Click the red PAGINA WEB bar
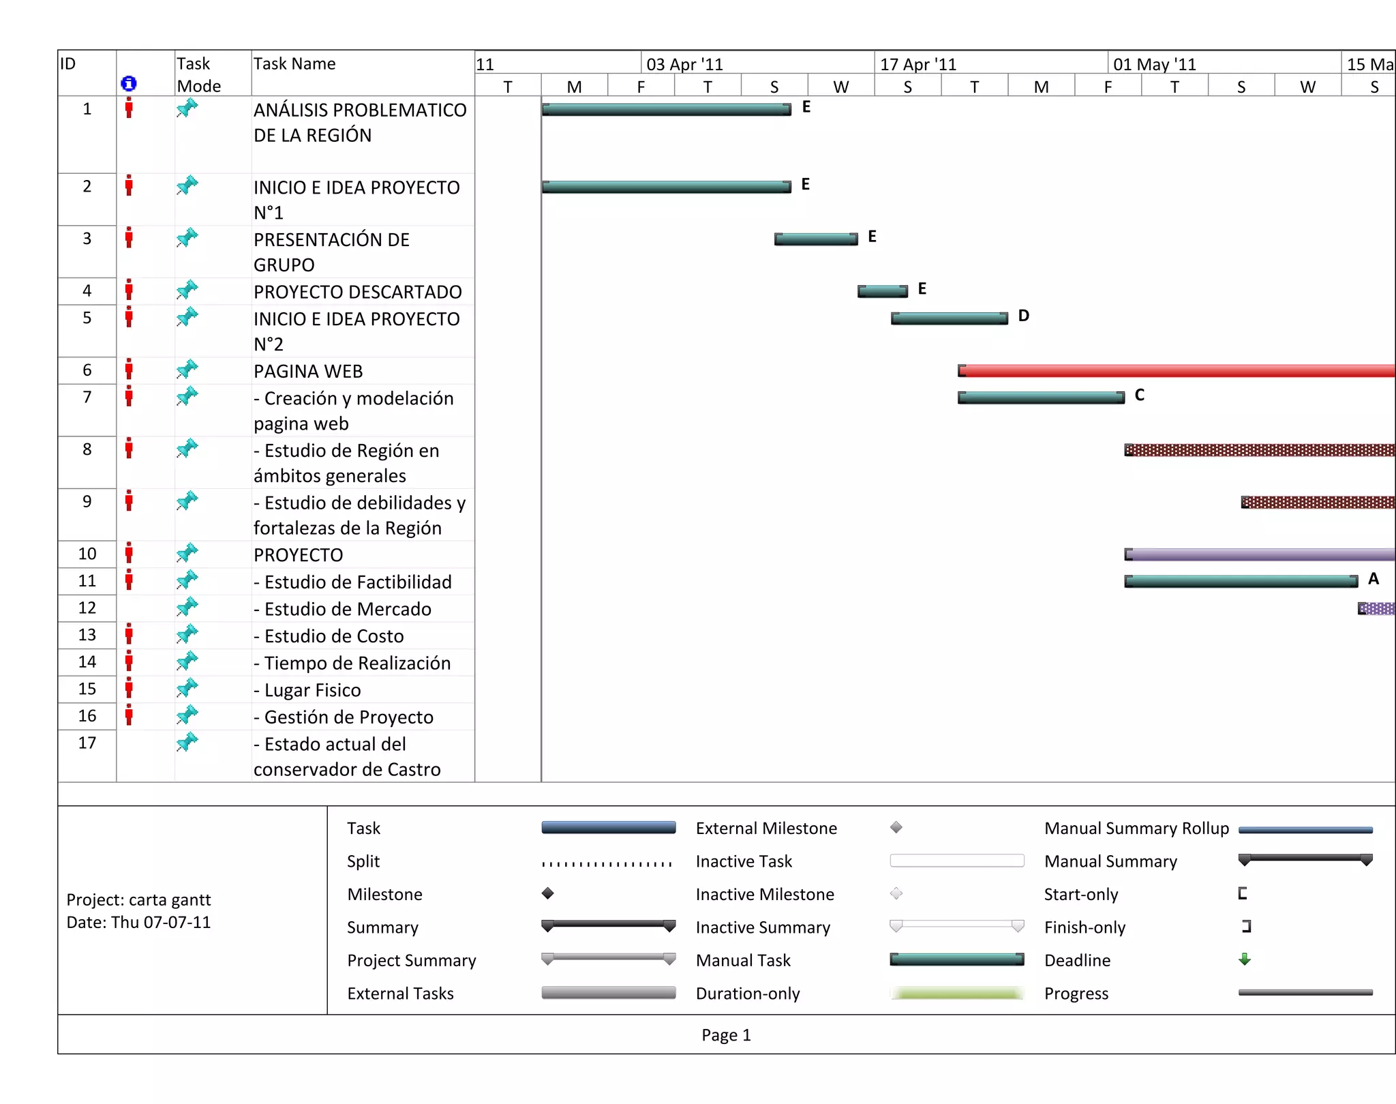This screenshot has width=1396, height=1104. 1176,371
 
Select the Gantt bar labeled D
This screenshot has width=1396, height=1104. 949,318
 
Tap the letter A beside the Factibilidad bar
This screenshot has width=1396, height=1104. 1373,579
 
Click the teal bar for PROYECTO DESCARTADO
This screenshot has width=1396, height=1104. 882,291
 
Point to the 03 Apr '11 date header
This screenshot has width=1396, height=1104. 684,64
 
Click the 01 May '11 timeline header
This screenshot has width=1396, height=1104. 1154,64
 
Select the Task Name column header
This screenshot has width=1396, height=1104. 294,64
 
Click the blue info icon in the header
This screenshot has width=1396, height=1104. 128,83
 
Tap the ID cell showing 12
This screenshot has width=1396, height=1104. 87,608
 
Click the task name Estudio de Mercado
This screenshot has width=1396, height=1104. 348,609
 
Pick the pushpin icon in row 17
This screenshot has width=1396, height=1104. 187,741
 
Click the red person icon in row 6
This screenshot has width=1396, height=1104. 129,370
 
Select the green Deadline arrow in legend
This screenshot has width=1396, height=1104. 1245,959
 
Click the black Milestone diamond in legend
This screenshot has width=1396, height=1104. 547,893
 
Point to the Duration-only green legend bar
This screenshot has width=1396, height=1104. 956,994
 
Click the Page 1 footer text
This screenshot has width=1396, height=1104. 726,1035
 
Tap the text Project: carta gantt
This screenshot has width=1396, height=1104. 138,899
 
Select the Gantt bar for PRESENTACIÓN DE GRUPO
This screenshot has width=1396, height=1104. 816,239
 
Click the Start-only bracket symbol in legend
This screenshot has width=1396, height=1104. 1243,893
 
